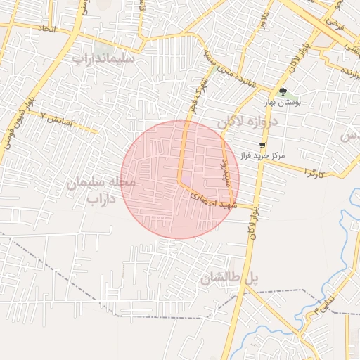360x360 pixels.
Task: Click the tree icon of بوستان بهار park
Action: (283, 91)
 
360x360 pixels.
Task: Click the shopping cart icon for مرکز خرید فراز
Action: (262, 145)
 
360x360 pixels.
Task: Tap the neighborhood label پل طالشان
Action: (229, 279)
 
